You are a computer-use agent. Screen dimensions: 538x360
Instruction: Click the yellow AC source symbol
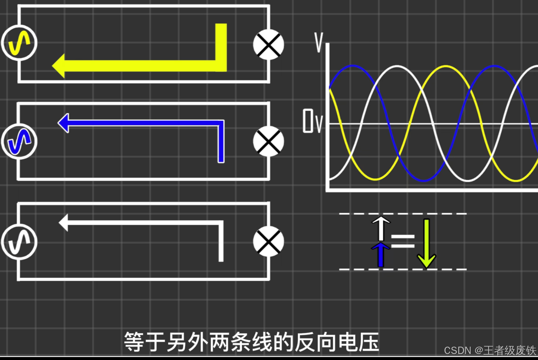click(19, 43)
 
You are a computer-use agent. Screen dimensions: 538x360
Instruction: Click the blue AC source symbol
click(19, 142)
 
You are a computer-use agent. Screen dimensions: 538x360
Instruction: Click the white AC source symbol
click(19, 242)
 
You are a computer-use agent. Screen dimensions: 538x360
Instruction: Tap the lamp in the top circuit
click(268, 45)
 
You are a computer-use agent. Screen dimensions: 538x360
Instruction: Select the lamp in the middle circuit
click(268, 142)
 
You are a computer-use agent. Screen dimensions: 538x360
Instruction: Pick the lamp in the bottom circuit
click(268, 241)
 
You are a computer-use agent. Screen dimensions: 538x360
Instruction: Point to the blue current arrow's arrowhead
click(64, 123)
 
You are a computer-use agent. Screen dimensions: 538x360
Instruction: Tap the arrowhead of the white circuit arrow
click(64, 222)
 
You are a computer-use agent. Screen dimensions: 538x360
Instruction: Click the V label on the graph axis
click(319, 42)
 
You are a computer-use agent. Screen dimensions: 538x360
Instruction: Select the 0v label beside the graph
click(312, 121)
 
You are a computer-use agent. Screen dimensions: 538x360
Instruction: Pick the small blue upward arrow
click(380, 254)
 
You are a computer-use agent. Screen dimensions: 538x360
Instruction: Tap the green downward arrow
click(426, 243)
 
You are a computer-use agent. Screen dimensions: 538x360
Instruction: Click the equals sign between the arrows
click(403, 241)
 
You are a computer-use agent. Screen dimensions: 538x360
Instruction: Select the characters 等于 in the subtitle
click(145, 342)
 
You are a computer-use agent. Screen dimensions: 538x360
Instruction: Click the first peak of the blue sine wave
click(352, 66)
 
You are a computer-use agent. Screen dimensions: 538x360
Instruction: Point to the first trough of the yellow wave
click(375, 180)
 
